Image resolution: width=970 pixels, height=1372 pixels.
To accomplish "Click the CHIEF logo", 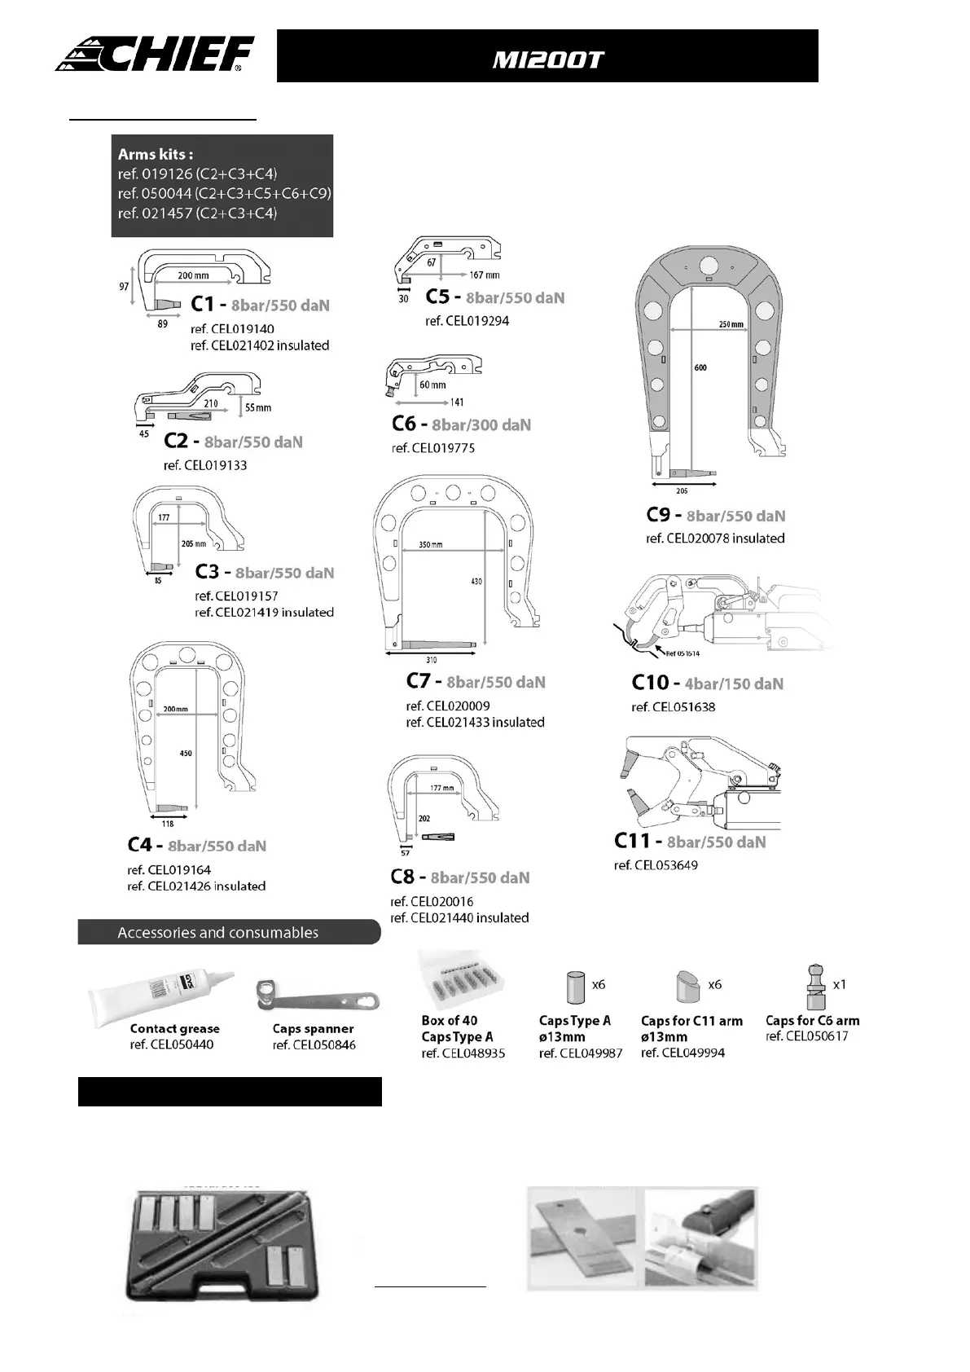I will (155, 55).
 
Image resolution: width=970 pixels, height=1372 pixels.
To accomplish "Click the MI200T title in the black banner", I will (547, 59).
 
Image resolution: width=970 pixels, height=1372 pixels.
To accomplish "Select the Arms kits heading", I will (156, 154).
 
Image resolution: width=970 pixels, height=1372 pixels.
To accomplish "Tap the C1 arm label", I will (202, 304).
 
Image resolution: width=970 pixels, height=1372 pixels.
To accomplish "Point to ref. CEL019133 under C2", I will (205, 465).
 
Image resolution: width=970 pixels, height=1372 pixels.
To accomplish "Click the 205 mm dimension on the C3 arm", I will (194, 543).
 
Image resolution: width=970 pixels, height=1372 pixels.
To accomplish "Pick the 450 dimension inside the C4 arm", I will (186, 753).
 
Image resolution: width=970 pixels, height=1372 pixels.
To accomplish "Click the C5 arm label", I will (437, 297).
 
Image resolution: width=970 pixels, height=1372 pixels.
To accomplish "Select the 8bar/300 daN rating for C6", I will (481, 424).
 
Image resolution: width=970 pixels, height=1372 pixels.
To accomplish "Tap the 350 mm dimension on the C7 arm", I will (431, 544).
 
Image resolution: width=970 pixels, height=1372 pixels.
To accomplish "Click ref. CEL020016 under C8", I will (432, 901).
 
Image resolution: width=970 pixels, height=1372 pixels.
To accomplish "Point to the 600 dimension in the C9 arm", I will (700, 367).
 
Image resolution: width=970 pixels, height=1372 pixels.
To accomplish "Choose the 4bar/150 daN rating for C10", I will (734, 684).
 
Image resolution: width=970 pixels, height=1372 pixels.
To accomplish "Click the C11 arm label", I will (632, 841).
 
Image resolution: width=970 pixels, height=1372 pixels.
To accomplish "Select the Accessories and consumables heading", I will (217, 932).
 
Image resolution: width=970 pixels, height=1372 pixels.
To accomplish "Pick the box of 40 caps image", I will (461, 980).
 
